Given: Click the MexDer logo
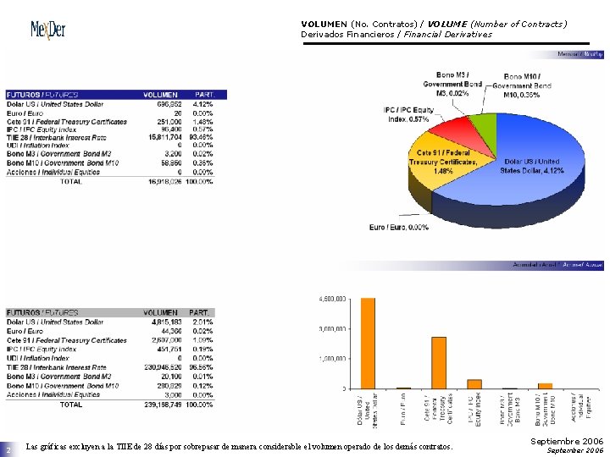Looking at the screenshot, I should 48,30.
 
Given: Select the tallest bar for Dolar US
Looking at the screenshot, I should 367,343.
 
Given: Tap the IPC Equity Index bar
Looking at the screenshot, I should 474,383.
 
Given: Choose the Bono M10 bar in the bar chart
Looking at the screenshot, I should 545,386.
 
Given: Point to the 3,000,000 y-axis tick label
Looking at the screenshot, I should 330,328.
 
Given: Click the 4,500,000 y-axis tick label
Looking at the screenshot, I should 330,299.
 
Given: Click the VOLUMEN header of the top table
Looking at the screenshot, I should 161,95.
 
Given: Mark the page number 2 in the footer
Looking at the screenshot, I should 8,449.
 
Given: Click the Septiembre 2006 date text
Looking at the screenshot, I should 567,441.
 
